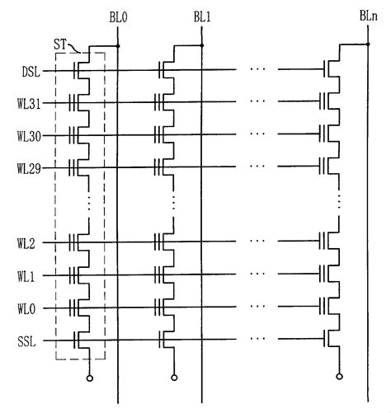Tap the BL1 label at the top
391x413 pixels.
tap(203, 16)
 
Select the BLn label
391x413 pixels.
tap(370, 16)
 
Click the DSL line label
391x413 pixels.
tap(31, 71)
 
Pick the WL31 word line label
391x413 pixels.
tap(29, 103)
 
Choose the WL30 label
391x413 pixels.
tap(29, 134)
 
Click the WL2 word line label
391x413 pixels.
tap(27, 245)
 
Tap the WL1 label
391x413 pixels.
tap(27, 276)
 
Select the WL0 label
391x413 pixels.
tap(27, 308)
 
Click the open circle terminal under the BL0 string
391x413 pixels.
tap(88, 378)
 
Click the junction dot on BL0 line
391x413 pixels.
tap(119, 46)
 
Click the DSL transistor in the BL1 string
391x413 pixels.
tap(167, 71)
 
